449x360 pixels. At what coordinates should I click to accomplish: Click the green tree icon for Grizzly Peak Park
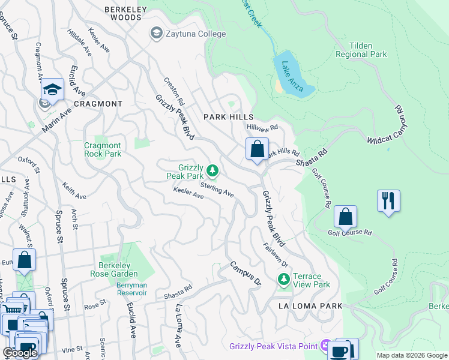[x=212, y=172]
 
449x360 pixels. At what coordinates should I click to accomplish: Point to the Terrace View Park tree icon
[x=283, y=280]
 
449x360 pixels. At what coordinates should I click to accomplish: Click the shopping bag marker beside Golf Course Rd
[x=345, y=216]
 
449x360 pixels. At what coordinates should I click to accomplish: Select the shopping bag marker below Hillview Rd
[x=257, y=149]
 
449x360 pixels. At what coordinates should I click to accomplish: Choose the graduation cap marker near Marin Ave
[x=52, y=91]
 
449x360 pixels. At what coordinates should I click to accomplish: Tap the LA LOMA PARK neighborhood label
[x=310, y=306]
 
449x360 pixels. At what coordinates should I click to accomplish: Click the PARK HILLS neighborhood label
[x=228, y=116]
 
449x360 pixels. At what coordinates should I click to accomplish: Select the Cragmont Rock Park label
[x=103, y=149]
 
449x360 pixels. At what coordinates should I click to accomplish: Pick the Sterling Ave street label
[x=217, y=190]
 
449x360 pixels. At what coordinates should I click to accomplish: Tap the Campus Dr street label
[x=244, y=273]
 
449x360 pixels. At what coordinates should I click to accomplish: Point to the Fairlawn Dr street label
[x=276, y=255]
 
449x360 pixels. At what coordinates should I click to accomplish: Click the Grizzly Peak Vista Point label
[x=274, y=346]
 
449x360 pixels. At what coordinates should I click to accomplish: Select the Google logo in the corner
[x=20, y=353]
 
